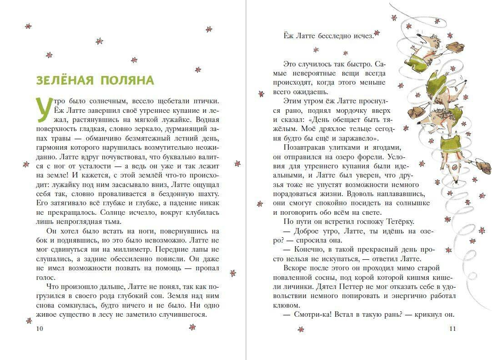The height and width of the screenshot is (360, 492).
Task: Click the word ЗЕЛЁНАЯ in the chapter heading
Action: (65, 81)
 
